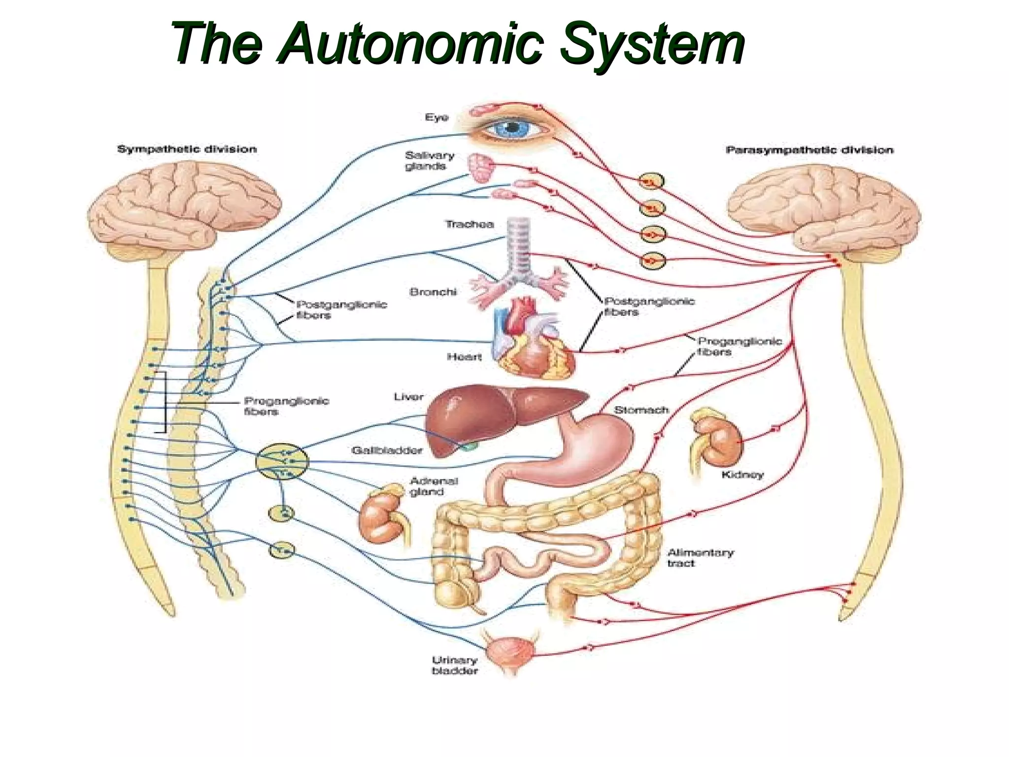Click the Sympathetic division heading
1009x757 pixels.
[187, 149]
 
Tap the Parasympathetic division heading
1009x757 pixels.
[809, 150]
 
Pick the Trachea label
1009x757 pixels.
[469, 225]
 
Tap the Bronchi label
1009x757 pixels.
[433, 292]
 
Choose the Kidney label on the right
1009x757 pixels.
[742, 475]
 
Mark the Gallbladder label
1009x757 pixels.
[387, 450]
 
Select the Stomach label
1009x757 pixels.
[641, 410]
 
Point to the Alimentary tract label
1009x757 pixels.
[700, 558]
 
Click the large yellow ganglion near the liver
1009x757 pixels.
[282, 462]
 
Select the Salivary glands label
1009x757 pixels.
[429, 161]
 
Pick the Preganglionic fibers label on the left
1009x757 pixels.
[286, 406]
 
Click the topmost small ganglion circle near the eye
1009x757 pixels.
[651, 182]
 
